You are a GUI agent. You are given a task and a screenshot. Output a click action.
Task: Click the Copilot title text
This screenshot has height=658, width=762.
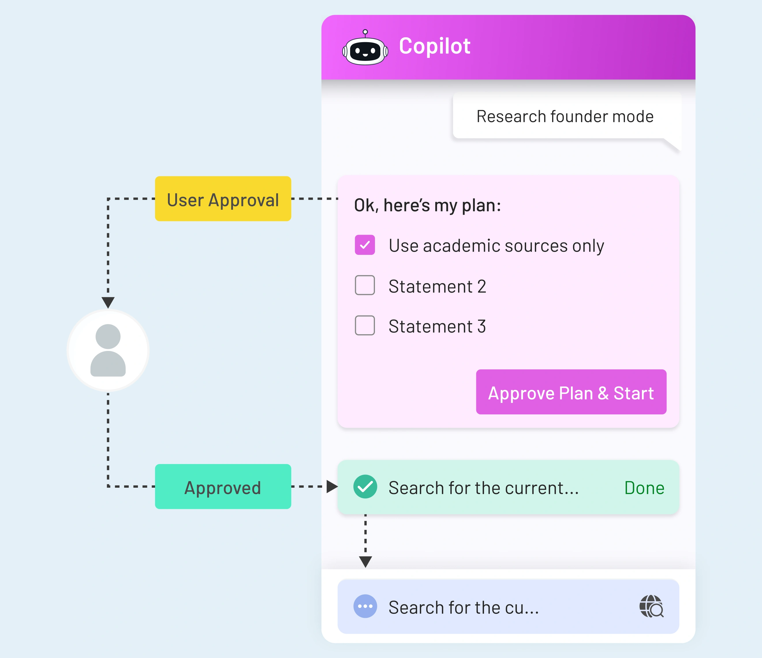[434, 46]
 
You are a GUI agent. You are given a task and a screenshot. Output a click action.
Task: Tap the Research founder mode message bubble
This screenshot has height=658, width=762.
[565, 117]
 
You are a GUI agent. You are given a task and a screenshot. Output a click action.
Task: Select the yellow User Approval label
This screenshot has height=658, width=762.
[223, 199]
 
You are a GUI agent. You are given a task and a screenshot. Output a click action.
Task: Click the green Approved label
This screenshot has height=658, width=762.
[223, 487]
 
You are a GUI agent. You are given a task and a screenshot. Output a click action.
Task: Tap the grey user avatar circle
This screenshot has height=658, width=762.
[108, 350]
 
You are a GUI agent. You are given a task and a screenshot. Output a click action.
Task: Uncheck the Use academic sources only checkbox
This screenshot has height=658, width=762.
[365, 245]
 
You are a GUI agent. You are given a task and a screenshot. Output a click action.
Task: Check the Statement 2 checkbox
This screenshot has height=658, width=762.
[365, 285]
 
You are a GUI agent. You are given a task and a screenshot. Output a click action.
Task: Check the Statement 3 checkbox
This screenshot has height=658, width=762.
[365, 326]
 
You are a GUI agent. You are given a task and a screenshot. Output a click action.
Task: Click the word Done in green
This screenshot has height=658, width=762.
[644, 488]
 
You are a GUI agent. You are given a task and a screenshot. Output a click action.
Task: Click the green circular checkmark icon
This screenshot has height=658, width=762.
[365, 487]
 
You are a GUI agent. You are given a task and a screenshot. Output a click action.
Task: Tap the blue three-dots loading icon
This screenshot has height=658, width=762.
[365, 606]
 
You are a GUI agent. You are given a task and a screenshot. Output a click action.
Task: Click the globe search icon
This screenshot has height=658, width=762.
[651, 606]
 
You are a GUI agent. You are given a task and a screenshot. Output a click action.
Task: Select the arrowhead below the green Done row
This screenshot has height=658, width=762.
[365, 562]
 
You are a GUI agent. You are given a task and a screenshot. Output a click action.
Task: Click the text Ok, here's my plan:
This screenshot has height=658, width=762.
[427, 205]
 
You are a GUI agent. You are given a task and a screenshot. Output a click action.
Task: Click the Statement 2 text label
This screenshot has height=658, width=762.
[437, 287]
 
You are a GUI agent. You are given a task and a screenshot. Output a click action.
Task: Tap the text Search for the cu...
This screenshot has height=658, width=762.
[463, 607]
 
